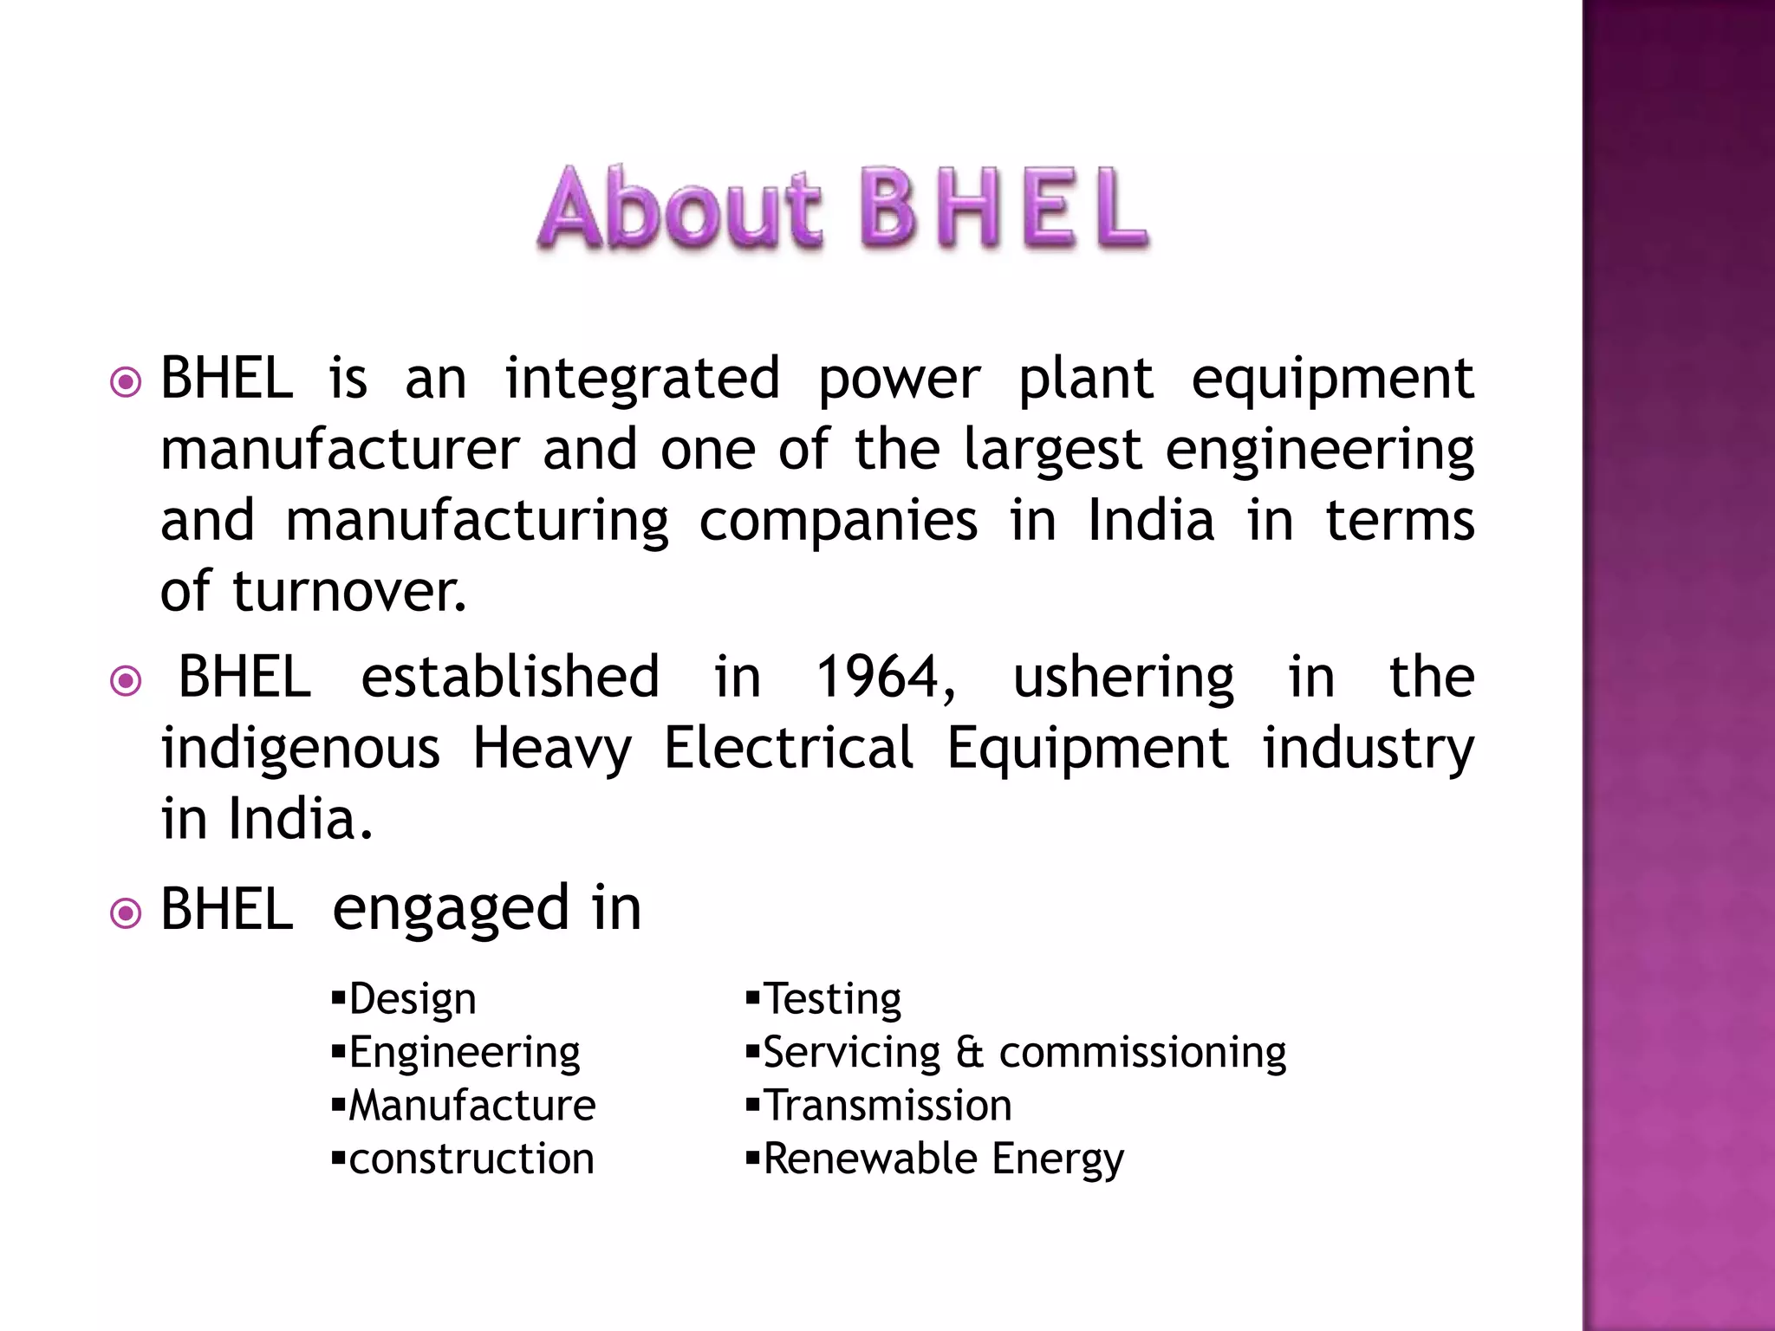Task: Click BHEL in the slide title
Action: (x=1005, y=209)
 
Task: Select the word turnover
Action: (x=348, y=592)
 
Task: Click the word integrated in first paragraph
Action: (x=642, y=379)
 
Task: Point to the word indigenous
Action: (x=300, y=748)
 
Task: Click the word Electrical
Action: (x=788, y=748)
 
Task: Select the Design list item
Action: (x=412, y=999)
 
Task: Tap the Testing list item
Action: (x=831, y=999)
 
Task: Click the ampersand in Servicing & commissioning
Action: (x=970, y=1053)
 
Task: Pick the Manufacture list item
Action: (x=471, y=1106)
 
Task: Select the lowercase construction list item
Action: (x=471, y=1159)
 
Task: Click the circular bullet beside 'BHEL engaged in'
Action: (x=127, y=913)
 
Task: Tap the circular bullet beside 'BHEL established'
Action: (x=127, y=681)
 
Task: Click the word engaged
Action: (x=450, y=910)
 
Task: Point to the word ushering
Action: (x=1123, y=678)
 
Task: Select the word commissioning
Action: (x=1142, y=1053)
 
